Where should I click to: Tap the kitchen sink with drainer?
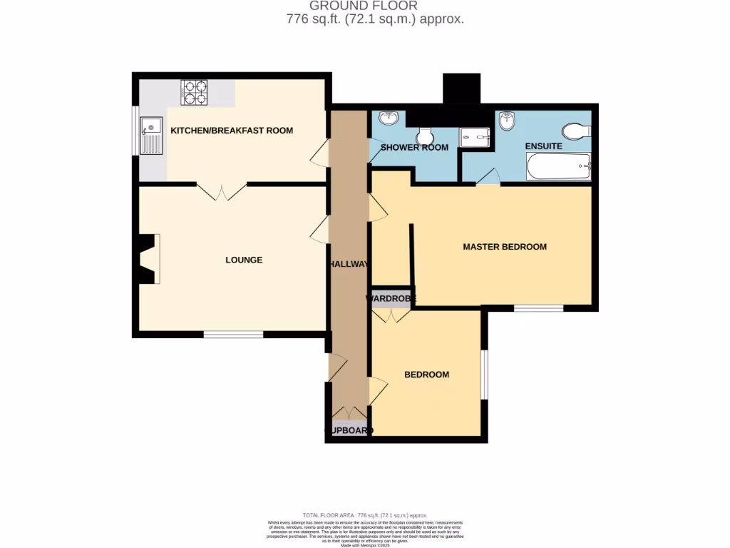[152, 136]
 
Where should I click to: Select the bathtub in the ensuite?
[558, 168]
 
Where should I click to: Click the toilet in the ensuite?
[575, 131]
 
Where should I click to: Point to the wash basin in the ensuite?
[508, 121]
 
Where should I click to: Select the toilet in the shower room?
[425, 134]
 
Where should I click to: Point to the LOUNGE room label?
[244, 260]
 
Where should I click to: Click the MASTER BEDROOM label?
[505, 247]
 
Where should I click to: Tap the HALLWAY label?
[348, 264]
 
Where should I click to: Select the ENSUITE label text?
[543, 146]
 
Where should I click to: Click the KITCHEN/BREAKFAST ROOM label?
[232, 131]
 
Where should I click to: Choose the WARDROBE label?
[391, 298]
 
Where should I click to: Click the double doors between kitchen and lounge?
[222, 191]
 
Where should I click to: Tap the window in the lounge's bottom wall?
[233, 334]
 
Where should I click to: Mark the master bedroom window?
[538, 308]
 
